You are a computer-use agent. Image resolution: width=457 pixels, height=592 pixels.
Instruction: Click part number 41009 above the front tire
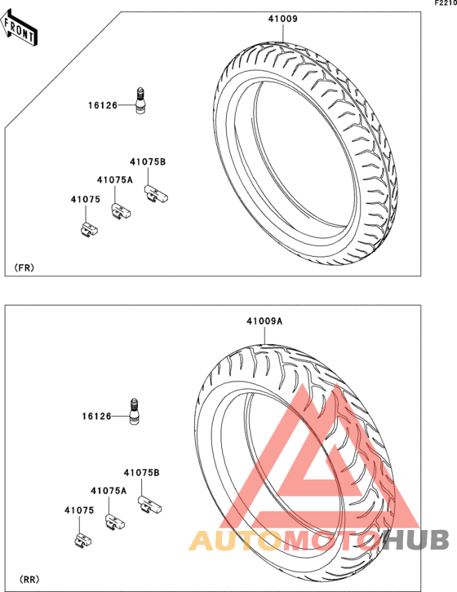point(283,19)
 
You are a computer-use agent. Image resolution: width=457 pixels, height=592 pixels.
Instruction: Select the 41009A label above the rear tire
point(264,321)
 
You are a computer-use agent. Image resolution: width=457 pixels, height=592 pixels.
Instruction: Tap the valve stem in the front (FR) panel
point(140,100)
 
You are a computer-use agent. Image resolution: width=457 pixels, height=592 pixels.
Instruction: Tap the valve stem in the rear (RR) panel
point(135,411)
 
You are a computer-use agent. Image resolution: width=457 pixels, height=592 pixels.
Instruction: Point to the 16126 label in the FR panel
point(103,105)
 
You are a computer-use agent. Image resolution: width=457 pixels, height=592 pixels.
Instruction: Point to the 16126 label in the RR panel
point(97,416)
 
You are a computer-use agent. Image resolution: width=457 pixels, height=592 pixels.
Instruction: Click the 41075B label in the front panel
point(148,161)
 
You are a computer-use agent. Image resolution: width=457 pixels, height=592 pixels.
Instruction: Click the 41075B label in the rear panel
point(142,472)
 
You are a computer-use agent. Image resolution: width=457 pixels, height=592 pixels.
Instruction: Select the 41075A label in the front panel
point(115,179)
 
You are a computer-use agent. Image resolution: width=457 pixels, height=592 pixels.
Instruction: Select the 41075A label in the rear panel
point(109,490)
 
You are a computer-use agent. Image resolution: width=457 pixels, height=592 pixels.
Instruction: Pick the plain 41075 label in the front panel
point(86,199)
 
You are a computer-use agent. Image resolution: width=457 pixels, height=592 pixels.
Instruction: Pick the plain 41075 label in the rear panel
point(79,510)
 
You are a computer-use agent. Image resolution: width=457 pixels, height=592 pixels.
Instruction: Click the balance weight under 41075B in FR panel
point(156,194)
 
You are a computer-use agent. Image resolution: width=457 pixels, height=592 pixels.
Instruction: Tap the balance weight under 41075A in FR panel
point(121,211)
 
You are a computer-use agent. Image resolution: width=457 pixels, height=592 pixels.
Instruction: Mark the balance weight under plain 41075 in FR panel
point(89,230)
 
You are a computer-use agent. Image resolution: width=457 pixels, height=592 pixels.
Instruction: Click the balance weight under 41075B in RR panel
point(149,505)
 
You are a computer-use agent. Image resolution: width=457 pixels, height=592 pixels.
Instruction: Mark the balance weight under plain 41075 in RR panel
point(82,541)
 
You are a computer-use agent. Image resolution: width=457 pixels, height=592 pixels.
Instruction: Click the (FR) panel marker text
point(24,267)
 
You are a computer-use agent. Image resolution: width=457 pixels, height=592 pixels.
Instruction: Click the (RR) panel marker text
point(29,579)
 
